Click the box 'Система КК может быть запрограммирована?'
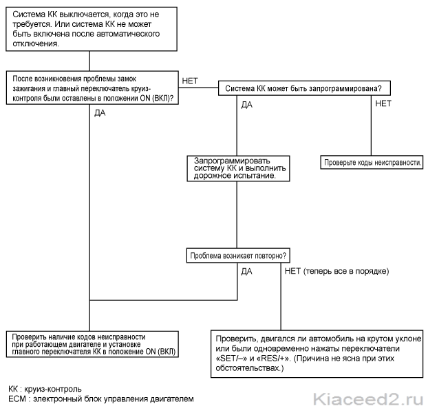(304, 88)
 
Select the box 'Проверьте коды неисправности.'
(372, 162)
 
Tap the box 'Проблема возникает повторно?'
(238, 256)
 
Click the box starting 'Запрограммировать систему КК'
(238, 168)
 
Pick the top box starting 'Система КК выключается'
(92, 29)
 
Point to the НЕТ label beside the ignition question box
(190, 81)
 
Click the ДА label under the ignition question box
(100, 113)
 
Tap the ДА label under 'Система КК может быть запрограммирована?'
(247, 105)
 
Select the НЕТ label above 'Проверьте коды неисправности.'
(383, 103)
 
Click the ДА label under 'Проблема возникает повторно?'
(247, 272)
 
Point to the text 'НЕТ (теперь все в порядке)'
(337, 271)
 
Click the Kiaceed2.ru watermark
(368, 399)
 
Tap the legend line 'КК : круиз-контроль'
(45, 389)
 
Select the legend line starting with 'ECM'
(101, 399)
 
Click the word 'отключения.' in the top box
(36, 43)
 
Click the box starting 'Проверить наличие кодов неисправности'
(92, 344)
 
